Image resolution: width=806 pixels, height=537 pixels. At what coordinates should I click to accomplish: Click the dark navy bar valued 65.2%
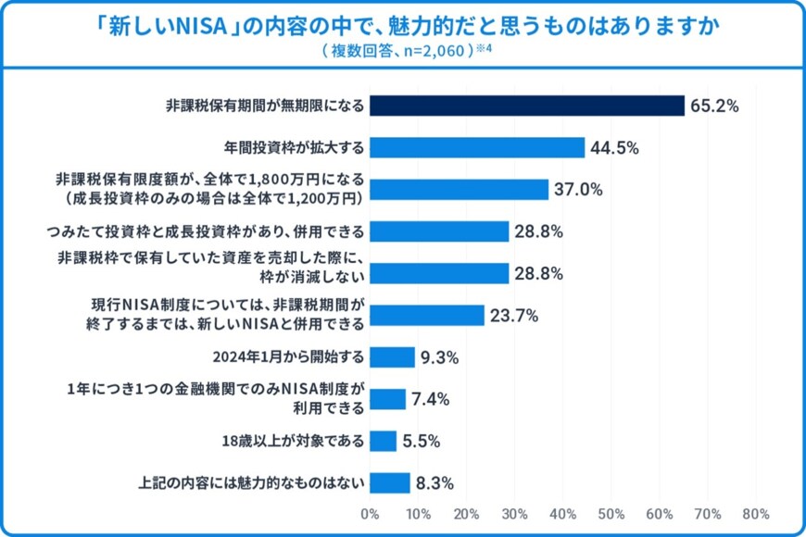[526, 106]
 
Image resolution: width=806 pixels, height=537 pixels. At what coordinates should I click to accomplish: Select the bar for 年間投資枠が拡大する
[477, 148]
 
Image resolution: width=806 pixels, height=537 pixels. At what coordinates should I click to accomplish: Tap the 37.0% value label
[578, 190]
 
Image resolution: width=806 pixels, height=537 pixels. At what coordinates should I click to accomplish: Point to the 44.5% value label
[614, 148]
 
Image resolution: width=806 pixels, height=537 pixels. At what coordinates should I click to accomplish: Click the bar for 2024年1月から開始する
[392, 357]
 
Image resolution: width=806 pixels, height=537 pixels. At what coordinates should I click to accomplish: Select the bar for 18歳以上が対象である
[383, 441]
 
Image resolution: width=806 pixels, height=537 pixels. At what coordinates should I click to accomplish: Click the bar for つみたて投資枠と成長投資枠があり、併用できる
[439, 231]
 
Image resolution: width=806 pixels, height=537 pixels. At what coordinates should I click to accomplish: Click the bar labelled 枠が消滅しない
[439, 273]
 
